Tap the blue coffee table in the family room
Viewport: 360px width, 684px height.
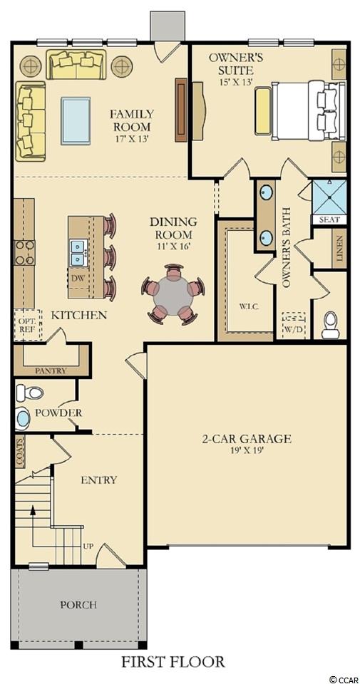click(76, 121)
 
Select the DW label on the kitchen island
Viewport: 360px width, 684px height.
click(76, 277)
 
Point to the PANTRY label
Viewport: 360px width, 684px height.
click(51, 371)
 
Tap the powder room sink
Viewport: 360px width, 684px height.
click(22, 419)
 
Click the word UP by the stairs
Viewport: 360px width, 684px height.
click(89, 546)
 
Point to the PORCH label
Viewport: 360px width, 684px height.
click(78, 605)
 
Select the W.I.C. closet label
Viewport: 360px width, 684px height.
click(250, 306)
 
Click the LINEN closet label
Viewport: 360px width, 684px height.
click(339, 248)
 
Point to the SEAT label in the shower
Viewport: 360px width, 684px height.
click(329, 220)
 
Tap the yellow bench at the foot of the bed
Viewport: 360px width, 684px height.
click(262, 111)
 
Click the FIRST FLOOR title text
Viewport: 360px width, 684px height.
click(173, 661)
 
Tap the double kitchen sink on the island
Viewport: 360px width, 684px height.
click(79, 253)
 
